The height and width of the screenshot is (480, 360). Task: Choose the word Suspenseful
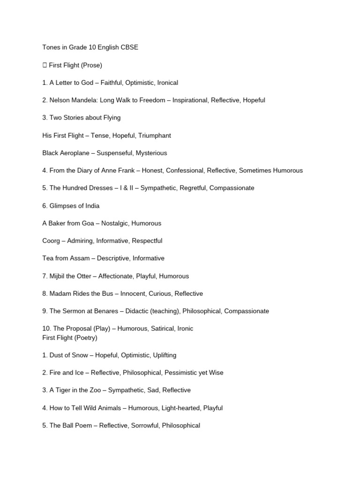(115, 153)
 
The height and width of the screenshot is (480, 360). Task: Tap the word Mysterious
(152, 153)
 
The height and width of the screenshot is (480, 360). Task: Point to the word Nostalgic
(112, 223)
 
